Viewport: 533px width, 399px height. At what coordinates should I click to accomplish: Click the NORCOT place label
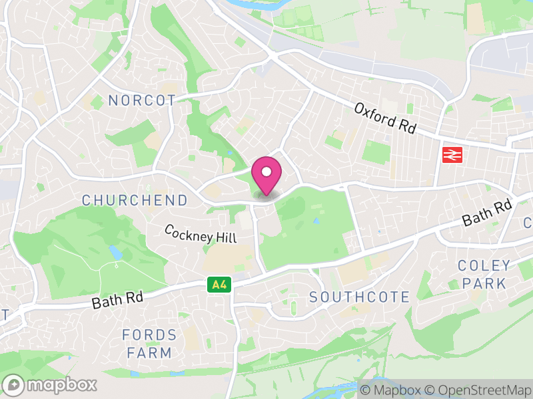tap(142, 100)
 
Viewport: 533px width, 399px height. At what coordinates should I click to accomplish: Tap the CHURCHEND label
tap(135, 200)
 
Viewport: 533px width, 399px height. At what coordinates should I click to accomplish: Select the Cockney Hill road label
tap(200, 233)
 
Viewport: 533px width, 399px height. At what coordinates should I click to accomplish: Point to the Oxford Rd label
tap(385, 118)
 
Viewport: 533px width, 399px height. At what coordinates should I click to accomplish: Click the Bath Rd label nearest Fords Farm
tap(117, 301)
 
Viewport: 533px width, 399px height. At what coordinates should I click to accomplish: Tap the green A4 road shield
tap(218, 285)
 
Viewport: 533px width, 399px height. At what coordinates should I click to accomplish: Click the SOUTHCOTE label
tap(360, 297)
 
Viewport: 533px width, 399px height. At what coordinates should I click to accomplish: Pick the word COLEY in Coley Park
tap(484, 266)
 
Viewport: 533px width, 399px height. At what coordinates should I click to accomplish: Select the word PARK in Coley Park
tap(484, 283)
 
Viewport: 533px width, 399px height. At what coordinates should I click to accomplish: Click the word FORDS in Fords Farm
tap(150, 335)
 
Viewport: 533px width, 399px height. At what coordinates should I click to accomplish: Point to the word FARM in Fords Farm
tap(150, 352)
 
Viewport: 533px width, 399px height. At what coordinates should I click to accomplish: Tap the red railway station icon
tap(452, 155)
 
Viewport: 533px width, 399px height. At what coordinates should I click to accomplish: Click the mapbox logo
tap(51, 384)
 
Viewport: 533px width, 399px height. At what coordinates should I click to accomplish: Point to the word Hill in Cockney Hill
tap(224, 237)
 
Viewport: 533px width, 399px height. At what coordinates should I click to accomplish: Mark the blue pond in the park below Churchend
tap(116, 252)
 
